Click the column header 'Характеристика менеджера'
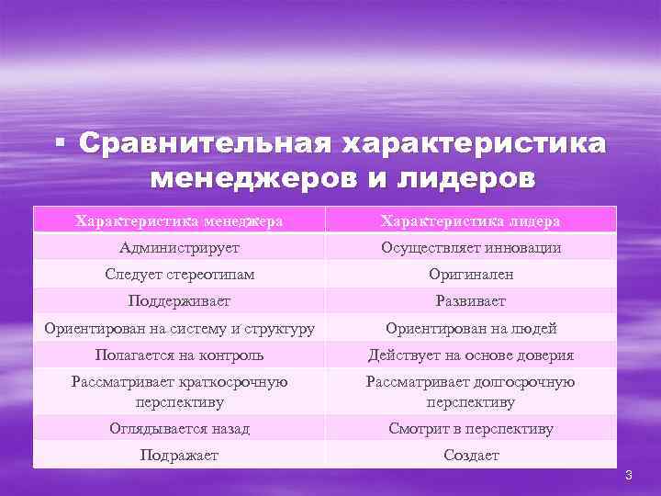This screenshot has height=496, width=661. click(x=179, y=220)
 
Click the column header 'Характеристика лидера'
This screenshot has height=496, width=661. click(x=471, y=220)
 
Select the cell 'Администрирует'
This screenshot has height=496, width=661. click(x=179, y=247)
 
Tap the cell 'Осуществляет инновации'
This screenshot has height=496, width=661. click(x=471, y=247)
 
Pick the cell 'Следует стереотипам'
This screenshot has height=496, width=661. click(x=179, y=274)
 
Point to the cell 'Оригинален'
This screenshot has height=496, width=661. click(x=471, y=274)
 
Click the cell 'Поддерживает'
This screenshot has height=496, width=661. click(x=179, y=300)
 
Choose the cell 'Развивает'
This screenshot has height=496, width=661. click(x=471, y=300)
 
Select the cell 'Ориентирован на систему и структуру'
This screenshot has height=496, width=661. click(x=179, y=328)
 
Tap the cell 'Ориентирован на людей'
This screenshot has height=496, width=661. click(x=471, y=328)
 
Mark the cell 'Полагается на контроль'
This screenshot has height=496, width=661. click(x=179, y=355)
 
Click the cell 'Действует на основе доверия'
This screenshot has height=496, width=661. click(x=471, y=355)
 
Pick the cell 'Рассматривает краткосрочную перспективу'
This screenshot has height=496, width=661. click(x=179, y=391)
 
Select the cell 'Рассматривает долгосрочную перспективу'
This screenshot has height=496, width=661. click(x=471, y=391)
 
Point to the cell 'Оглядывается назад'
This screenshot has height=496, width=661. click(x=179, y=428)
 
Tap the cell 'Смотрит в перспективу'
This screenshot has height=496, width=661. click(x=471, y=428)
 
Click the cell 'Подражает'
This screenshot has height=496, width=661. click(x=179, y=455)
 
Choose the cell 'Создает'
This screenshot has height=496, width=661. click(x=471, y=455)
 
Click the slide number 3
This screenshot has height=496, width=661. click(x=629, y=475)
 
